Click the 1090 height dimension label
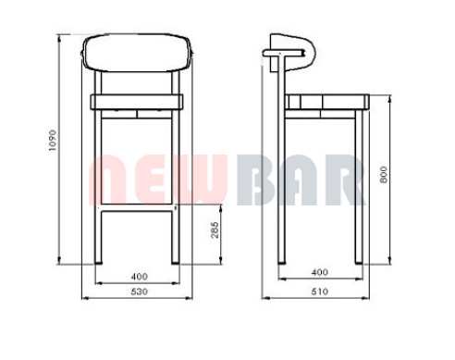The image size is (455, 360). click(x=53, y=141)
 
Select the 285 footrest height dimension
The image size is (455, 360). click(x=215, y=230)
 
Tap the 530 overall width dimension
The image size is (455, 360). click(x=139, y=292)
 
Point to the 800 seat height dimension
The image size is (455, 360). click(x=384, y=175)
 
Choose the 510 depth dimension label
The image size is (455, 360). click(x=320, y=292)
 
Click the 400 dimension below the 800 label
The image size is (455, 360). click(x=320, y=272)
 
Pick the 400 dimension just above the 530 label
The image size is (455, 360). click(x=140, y=277)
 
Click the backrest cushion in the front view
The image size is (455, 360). click(x=138, y=53)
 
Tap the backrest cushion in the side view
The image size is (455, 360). click(x=293, y=53)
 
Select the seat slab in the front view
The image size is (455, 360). click(x=137, y=102)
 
